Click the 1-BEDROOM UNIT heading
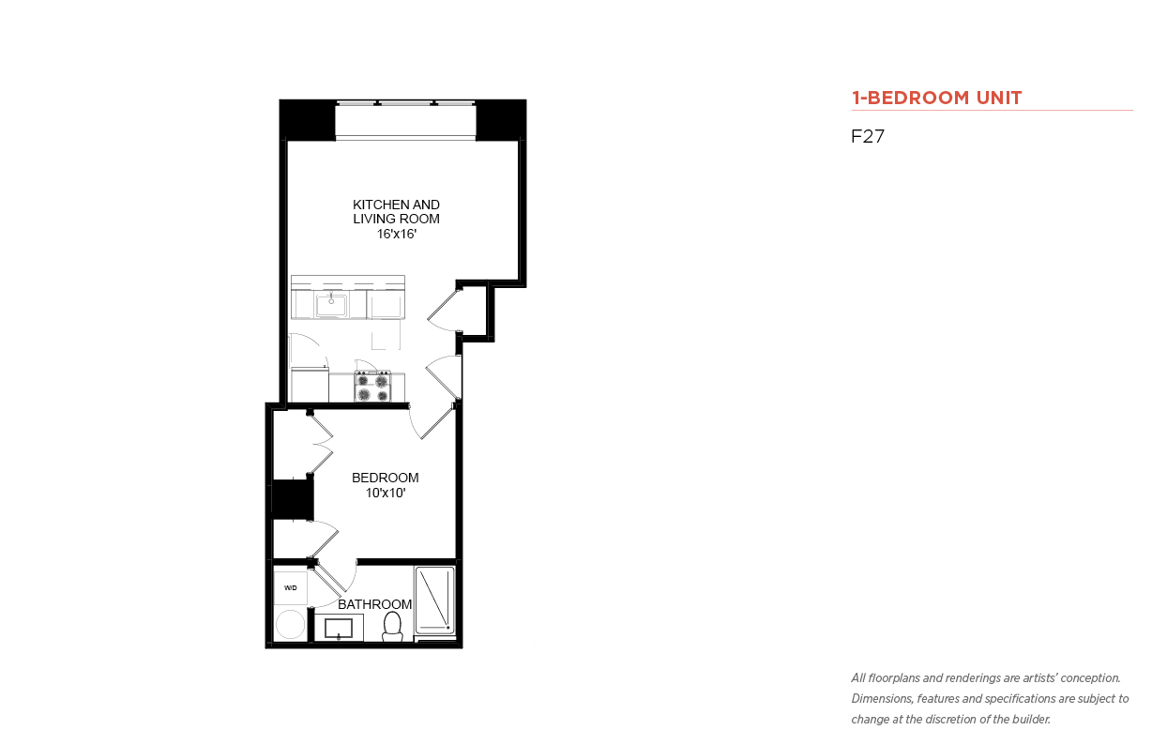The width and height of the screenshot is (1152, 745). click(x=936, y=98)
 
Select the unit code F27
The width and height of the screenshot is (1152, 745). click(x=868, y=136)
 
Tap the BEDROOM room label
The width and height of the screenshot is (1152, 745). click(x=386, y=478)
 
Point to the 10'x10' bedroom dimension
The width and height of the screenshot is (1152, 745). click(x=386, y=493)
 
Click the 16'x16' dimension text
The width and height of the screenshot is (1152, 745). click(x=396, y=234)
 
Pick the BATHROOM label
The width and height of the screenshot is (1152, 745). click(x=375, y=604)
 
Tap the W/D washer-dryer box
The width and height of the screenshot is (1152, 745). click(x=290, y=588)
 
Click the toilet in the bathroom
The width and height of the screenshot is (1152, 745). click(x=392, y=626)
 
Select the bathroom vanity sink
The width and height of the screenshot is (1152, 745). click(x=339, y=629)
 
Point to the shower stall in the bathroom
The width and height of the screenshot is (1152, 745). click(x=434, y=600)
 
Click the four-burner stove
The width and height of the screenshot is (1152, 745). click(x=372, y=387)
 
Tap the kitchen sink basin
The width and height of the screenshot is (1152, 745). click(x=331, y=305)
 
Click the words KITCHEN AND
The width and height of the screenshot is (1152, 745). click(x=396, y=205)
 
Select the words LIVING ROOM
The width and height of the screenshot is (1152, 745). click(x=396, y=219)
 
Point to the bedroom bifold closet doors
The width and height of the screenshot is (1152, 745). click(x=321, y=444)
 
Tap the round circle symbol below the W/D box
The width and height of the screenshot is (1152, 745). click(x=290, y=624)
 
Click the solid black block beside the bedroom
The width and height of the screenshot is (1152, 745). click(x=292, y=498)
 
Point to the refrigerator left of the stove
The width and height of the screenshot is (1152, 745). click(x=310, y=385)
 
